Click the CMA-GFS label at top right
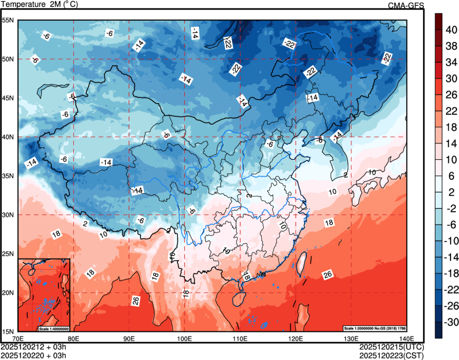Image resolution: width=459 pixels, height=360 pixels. (x=406, y=5)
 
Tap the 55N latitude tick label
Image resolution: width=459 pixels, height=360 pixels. (x=9, y=20)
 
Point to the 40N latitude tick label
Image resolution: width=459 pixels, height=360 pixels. (x=9, y=137)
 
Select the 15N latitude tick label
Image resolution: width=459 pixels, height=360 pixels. (x=9, y=331)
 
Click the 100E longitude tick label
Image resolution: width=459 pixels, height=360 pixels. (x=185, y=338)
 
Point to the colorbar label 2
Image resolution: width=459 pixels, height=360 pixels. (x=450, y=192)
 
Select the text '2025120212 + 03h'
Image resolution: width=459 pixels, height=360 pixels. (x=34, y=347)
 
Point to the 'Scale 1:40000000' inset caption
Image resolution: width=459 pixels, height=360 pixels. (x=53, y=328)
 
